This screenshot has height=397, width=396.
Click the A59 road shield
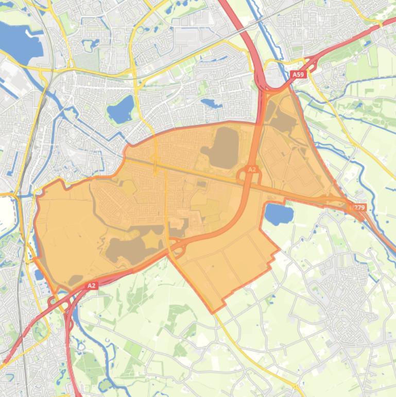tap(298, 75)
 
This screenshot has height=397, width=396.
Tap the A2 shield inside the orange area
tap(252, 169)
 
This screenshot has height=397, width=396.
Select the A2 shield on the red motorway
tap(92, 285)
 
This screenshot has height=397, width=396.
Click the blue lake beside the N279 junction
tap(279, 214)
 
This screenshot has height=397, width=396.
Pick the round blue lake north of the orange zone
tap(120, 110)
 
